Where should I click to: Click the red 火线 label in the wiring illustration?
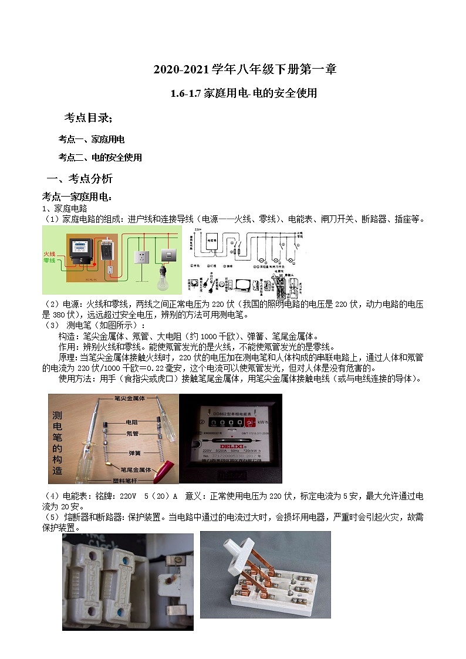[49, 254]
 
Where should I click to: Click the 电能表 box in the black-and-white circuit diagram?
[211, 240]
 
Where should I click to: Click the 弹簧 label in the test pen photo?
[134, 453]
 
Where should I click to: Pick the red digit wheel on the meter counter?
[250, 423]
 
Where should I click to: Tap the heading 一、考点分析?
[79, 178]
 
